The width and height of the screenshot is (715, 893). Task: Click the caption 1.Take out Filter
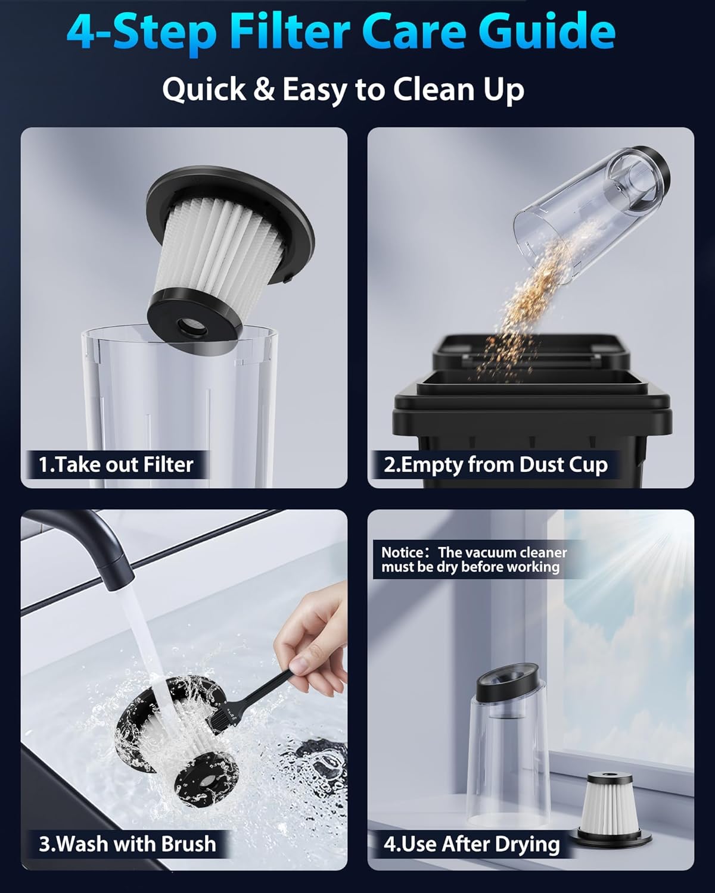pyautogui.click(x=116, y=464)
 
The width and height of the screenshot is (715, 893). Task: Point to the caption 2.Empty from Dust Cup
pyautogui.click(x=495, y=464)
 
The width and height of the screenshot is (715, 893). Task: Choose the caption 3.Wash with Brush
pyautogui.click(x=127, y=844)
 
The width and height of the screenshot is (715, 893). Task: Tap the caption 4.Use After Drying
pyautogui.click(x=471, y=844)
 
